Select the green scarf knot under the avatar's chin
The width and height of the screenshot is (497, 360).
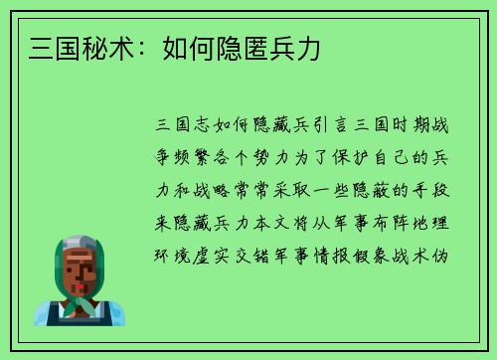pos(79,302)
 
